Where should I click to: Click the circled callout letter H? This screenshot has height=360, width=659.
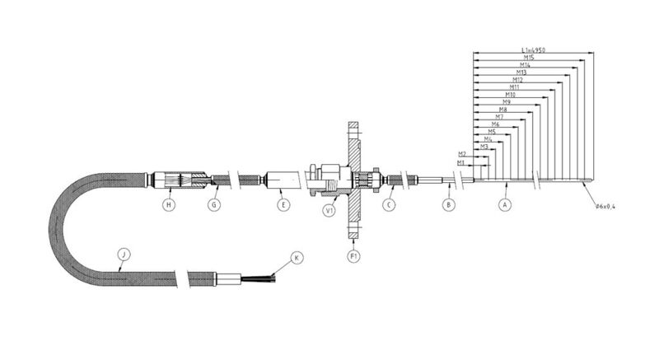point(169,204)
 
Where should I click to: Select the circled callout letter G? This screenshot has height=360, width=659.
point(214,204)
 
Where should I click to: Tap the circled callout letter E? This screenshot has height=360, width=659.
point(284,204)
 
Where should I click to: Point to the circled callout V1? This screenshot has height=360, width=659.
point(329,210)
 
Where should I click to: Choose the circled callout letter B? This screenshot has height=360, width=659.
point(448,204)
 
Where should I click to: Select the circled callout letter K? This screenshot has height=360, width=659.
point(297,257)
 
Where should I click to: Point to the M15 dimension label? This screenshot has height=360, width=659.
point(529,58)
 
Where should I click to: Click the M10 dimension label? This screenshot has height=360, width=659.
point(510,95)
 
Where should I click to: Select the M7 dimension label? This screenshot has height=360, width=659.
point(499,117)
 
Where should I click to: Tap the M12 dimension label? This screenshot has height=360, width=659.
point(518,80)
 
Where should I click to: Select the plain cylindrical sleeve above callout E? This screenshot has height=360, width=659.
point(281,179)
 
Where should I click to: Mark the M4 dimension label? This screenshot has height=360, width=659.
point(488,139)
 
